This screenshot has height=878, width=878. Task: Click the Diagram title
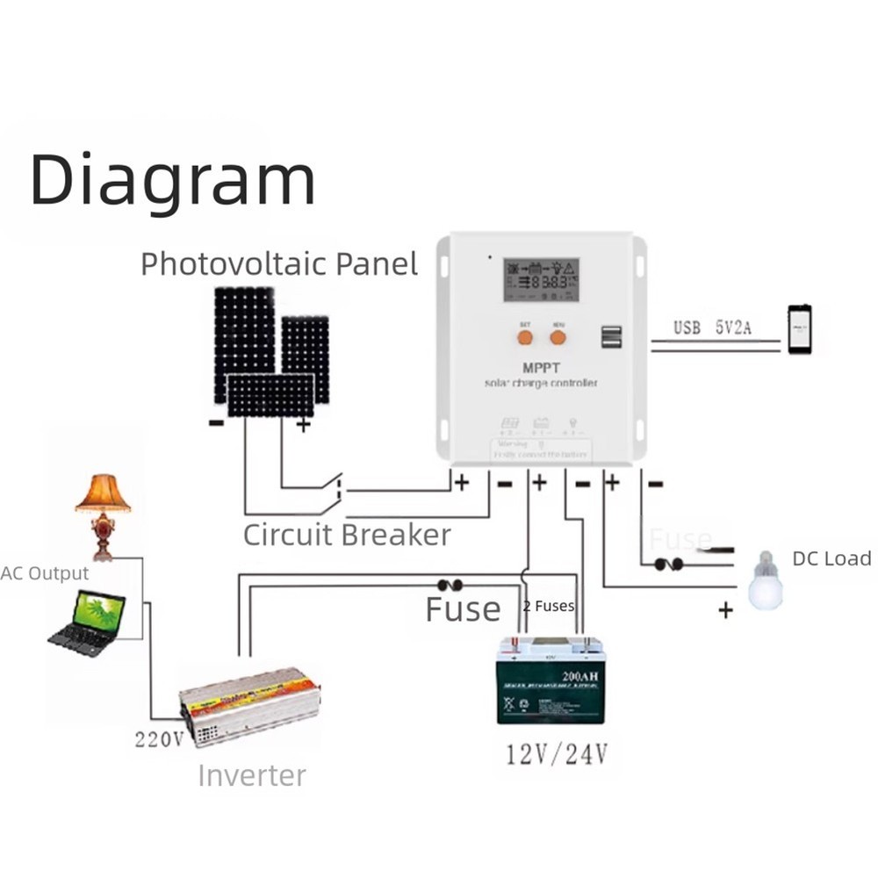[172, 180]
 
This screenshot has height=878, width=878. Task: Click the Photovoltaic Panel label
[279, 263]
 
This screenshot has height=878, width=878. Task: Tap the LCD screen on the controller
[541, 280]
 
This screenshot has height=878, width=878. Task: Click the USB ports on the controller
[612, 336]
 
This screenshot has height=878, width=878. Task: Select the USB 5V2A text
[712, 328]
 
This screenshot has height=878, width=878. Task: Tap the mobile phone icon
[799, 329]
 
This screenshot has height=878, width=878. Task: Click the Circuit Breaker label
[347, 534]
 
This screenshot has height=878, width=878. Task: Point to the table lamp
[103, 515]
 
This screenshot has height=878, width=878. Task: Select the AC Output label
[45, 573]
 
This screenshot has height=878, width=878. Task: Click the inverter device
[248, 705]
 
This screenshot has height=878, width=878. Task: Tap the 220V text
[159, 738]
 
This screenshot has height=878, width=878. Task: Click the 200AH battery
[551, 681]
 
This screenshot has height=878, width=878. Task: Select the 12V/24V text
[557, 754]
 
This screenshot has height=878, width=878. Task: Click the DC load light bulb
[765, 580]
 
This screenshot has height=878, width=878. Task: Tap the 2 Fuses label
[549, 606]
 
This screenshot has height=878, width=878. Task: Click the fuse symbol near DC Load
[668, 564]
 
